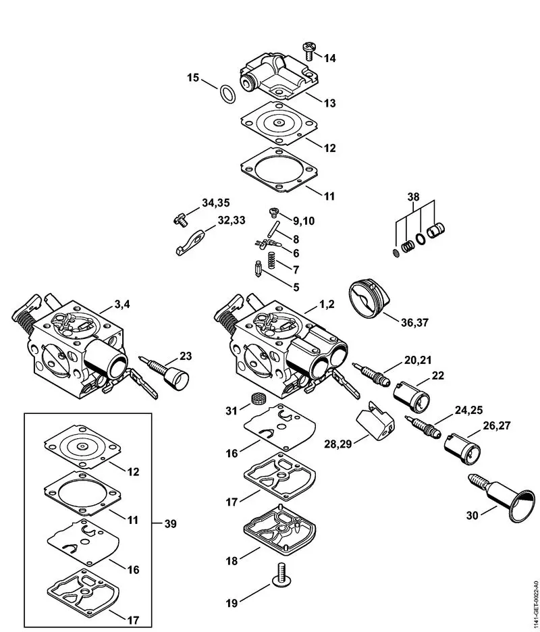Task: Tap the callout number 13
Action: [x=329, y=103]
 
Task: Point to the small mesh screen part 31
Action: [x=256, y=396]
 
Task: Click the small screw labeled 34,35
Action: [x=177, y=217]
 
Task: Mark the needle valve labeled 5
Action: [x=259, y=271]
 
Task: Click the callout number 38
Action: [x=413, y=197]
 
